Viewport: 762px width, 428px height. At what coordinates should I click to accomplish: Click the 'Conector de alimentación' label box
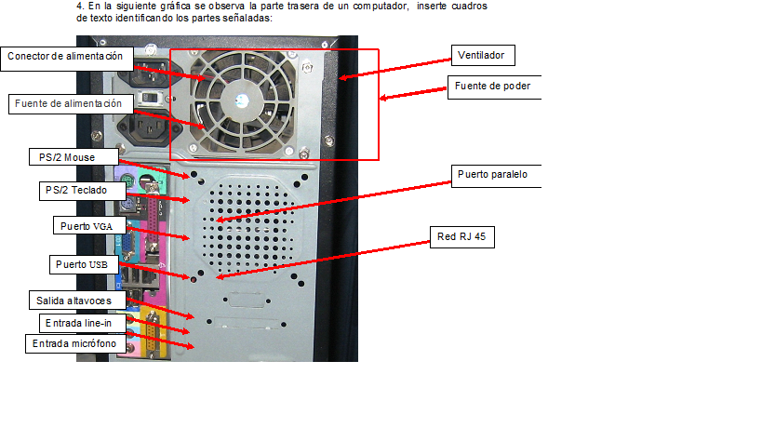[66, 57]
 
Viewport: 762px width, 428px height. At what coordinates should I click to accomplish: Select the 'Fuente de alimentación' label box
[67, 104]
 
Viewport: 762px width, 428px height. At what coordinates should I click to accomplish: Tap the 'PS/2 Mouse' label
[61, 157]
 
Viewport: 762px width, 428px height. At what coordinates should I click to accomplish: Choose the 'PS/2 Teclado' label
[76, 190]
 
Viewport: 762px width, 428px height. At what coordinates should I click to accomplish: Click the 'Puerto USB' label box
[82, 265]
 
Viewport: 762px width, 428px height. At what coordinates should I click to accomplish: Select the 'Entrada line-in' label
[79, 323]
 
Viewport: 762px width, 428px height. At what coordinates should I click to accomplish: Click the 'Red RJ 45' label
[461, 237]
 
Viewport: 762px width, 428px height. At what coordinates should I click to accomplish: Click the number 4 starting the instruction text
[79, 6]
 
